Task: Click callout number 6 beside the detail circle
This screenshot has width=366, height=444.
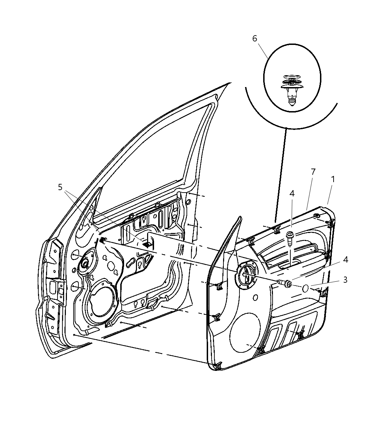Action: click(x=254, y=39)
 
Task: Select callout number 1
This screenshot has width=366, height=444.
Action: click(x=333, y=180)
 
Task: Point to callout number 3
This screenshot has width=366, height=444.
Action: click(x=345, y=280)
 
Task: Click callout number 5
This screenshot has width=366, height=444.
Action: click(x=60, y=187)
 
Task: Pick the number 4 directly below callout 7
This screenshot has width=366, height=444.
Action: click(x=292, y=193)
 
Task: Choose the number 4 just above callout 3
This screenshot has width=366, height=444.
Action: click(x=345, y=259)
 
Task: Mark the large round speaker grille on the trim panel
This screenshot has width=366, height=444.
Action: click(x=245, y=332)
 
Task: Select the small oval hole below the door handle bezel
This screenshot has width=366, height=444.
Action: click(x=256, y=297)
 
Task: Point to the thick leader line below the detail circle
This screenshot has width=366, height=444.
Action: click(x=281, y=174)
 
